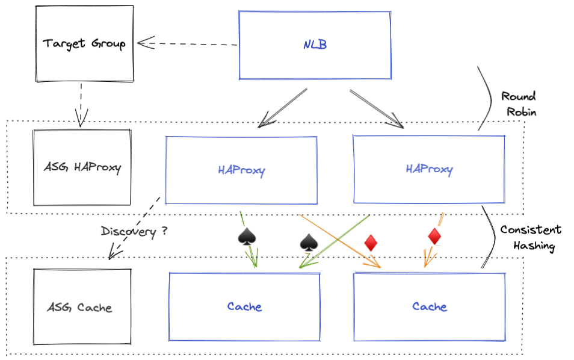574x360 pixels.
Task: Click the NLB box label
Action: tap(315, 45)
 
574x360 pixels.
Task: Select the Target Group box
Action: tap(84, 44)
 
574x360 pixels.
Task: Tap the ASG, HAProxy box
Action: tap(82, 167)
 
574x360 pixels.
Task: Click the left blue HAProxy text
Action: tap(241, 170)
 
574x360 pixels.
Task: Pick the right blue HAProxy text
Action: tap(428, 169)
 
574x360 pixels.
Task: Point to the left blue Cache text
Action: tap(244, 306)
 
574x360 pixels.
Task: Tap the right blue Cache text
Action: tap(429, 306)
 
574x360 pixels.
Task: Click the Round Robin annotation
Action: tap(518, 104)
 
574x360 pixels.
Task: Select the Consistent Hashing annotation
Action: tap(530, 238)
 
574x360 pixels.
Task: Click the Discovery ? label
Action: tap(134, 232)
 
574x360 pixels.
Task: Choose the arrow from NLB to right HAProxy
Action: tap(377, 108)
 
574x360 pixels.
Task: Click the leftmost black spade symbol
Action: tap(247, 238)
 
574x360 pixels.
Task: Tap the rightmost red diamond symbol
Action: tap(434, 237)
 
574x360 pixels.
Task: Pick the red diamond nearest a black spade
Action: tap(371, 243)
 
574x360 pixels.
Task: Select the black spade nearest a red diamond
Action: tap(309, 243)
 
